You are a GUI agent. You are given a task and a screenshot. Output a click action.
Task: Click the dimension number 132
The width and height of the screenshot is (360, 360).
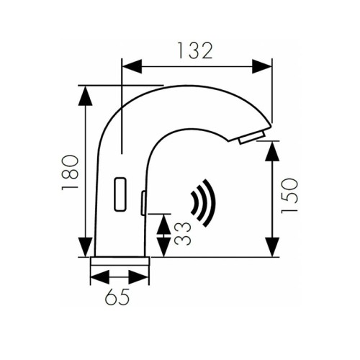(196, 50)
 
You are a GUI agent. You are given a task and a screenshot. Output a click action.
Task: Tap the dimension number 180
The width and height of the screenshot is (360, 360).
(70, 172)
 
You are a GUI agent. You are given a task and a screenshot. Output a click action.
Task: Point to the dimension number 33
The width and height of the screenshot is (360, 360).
(183, 233)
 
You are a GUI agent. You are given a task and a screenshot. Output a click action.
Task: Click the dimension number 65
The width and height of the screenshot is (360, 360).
(120, 295)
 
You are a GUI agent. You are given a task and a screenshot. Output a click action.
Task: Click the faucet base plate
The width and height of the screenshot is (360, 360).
(120, 260)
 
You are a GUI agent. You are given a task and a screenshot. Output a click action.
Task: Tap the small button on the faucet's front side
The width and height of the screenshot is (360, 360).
(144, 203)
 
